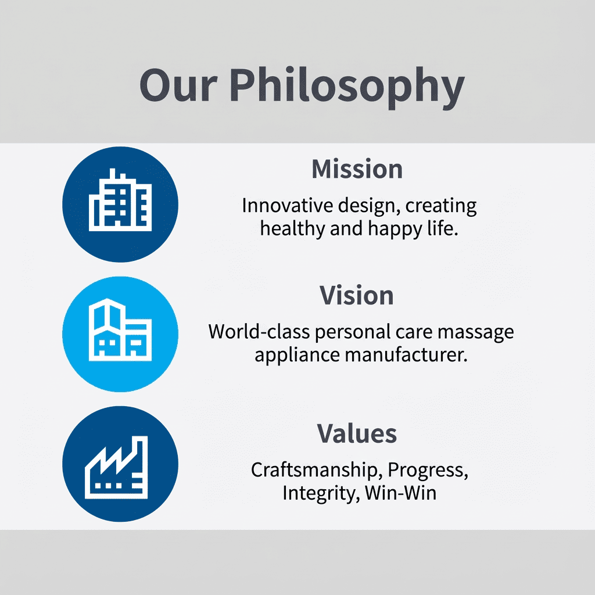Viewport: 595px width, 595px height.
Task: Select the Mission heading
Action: (x=357, y=169)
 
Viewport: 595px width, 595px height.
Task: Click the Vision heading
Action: (x=357, y=295)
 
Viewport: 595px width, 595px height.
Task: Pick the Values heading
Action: (x=357, y=433)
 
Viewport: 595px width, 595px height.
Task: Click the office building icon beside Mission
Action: (x=120, y=204)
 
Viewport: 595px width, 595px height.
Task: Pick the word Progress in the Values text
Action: (x=428, y=470)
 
